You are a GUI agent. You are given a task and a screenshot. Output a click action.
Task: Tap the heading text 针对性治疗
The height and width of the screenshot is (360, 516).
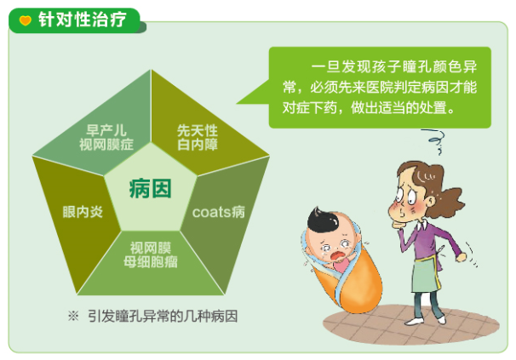pyautogui.click(x=79, y=20)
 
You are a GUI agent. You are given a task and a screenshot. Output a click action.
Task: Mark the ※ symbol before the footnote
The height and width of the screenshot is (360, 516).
pyautogui.click(x=73, y=315)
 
